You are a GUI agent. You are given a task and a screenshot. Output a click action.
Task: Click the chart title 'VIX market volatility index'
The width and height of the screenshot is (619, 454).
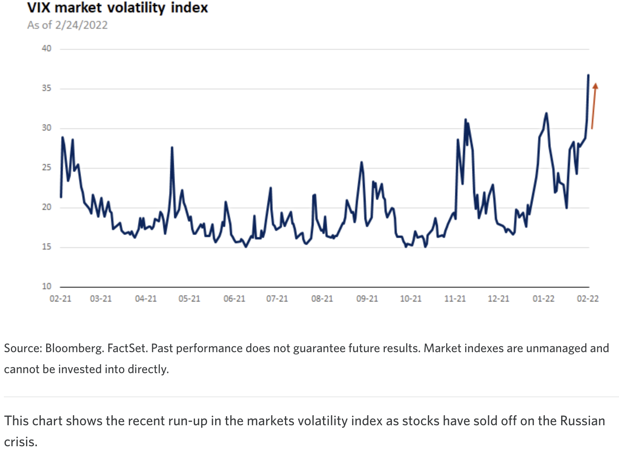coord(118,8)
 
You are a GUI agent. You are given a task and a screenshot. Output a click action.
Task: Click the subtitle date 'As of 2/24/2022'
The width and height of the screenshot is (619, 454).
coord(67,25)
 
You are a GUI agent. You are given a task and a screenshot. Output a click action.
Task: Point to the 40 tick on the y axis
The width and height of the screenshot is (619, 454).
coord(47,49)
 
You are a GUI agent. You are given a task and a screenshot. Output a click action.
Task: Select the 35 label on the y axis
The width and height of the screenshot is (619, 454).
coord(47,88)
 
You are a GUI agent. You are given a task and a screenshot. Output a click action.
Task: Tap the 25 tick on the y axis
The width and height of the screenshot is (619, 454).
coord(47,168)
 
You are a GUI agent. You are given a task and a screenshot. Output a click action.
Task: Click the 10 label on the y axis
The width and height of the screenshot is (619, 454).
coord(47,286)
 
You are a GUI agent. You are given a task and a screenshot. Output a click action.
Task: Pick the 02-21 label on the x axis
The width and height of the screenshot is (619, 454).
coord(61,299)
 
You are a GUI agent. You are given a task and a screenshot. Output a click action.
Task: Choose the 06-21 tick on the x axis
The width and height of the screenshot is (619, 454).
coord(234,299)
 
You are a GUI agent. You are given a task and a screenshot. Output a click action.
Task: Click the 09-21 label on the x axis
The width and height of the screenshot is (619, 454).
coord(367,299)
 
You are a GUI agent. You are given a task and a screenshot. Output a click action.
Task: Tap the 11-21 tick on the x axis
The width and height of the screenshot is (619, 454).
coord(455,299)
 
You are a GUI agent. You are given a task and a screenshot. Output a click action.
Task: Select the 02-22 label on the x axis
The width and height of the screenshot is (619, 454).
coord(588,299)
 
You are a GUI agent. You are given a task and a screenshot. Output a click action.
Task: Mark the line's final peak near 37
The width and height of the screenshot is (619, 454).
coord(588,75)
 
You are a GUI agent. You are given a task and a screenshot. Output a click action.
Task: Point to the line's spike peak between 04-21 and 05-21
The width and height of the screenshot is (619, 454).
coord(172,147)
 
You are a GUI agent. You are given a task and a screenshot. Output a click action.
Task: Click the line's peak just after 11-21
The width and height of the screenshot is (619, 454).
coord(466,119)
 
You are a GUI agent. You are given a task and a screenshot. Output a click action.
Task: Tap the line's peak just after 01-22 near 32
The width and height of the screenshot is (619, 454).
coord(546,113)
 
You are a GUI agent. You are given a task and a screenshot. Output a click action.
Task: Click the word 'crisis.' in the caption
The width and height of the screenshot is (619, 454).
coord(21,442)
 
